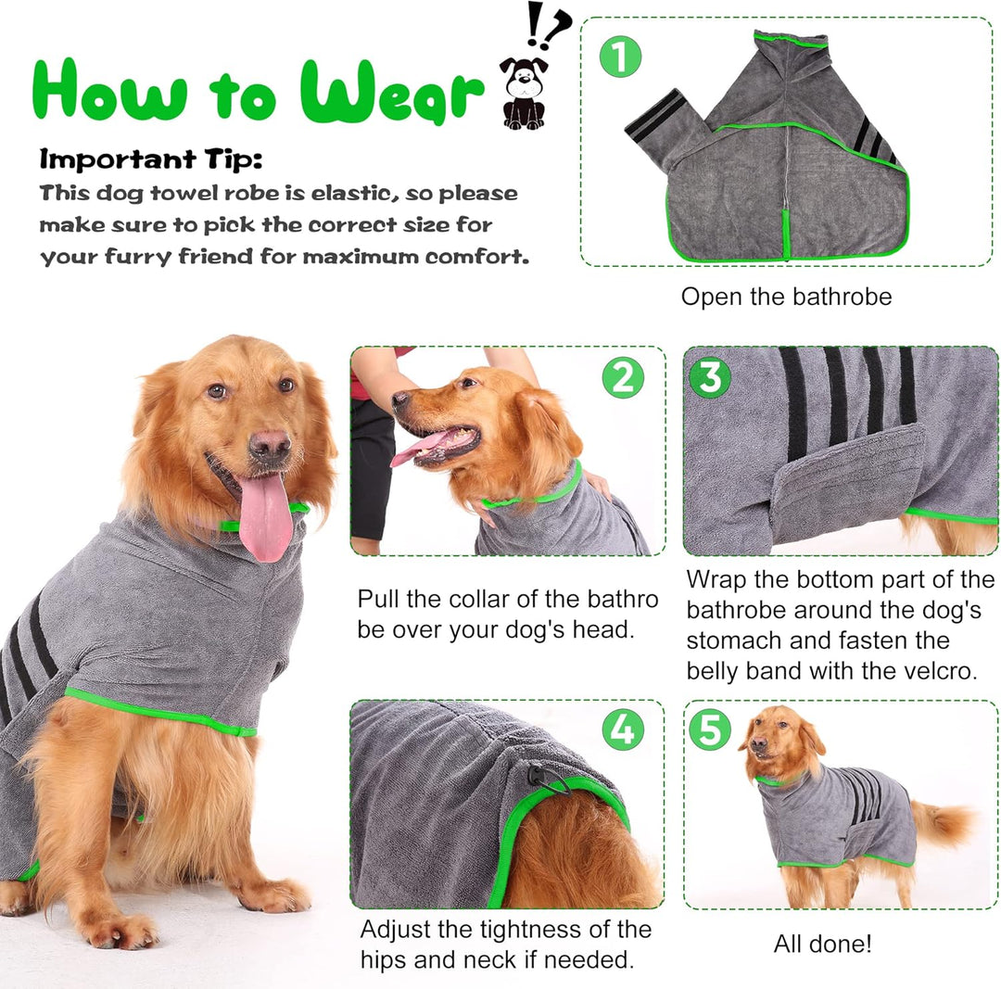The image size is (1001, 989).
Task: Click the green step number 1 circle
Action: [x=620, y=57]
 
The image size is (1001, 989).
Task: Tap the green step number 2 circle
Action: [x=623, y=377]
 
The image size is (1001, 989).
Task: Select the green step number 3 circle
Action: [x=709, y=377]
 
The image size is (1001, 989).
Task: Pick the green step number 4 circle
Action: [x=623, y=729]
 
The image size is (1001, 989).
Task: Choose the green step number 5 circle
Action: [x=710, y=729]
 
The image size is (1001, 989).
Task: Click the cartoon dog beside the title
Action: [x=524, y=93]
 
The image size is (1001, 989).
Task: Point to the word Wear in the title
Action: [x=391, y=92]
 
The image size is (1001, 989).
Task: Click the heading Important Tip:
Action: [x=151, y=158]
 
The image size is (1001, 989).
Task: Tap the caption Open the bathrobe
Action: [x=786, y=297]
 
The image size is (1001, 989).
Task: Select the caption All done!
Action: [x=822, y=943]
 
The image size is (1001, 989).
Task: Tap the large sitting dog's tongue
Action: [x=265, y=516]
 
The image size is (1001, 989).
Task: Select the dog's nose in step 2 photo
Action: [x=399, y=399]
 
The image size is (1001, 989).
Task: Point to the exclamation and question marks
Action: [x=547, y=26]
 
